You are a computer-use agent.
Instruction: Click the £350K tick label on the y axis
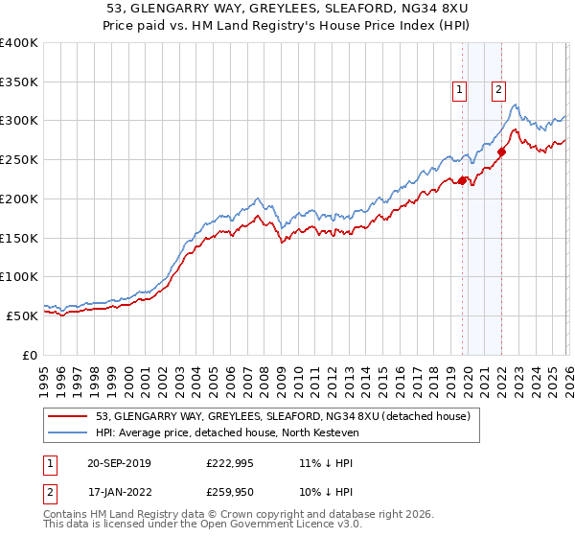pos(19,82)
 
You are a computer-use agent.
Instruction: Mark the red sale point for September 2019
pos(462,180)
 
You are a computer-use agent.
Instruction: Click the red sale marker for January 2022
pos(501,152)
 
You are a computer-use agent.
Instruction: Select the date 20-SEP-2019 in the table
pos(125,463)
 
